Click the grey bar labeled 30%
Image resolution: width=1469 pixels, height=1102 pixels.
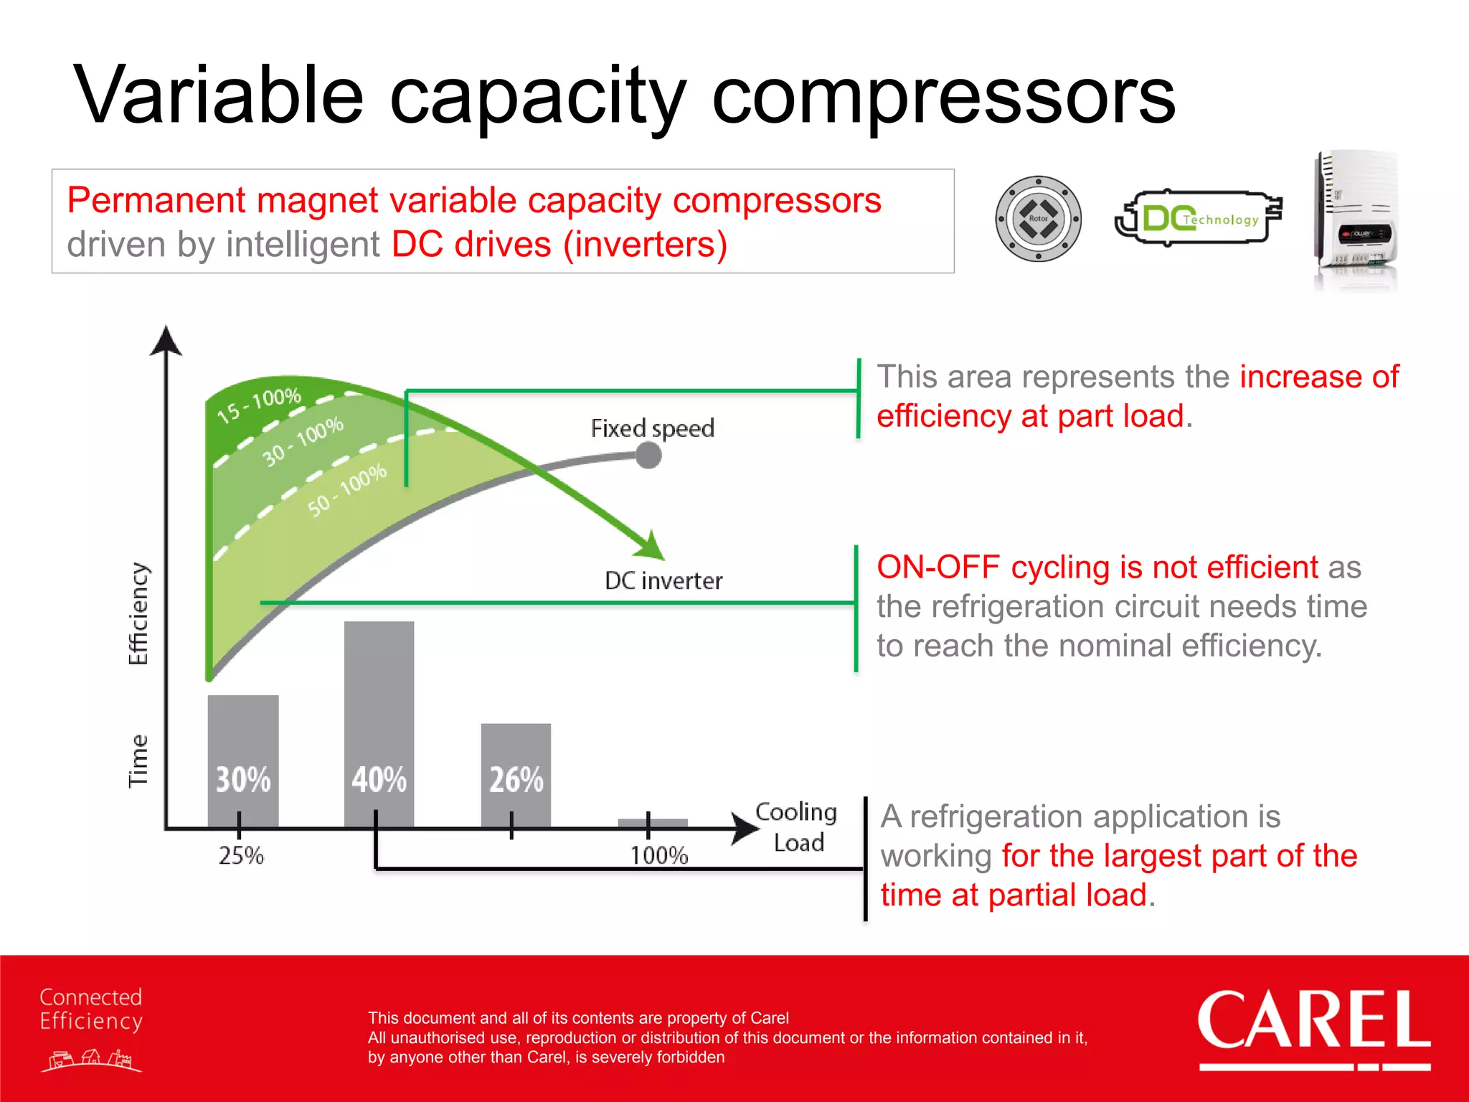point(243,760)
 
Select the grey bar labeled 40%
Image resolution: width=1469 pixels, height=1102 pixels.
point(379,725)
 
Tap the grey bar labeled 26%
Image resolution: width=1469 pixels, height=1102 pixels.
point(516,775)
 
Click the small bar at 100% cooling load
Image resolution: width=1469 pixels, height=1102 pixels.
point(653,823)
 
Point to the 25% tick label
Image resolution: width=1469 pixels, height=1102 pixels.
point(241,855)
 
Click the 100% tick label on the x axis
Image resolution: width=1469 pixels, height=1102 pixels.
point(658,855)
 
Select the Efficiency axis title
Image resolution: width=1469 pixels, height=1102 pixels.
point(138,613)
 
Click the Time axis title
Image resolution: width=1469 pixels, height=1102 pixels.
point(138,760)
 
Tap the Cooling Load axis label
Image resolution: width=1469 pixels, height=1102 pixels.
point(797,826)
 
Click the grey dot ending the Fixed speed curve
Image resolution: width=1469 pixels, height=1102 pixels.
point(648,455)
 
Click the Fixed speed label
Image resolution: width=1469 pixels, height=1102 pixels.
point(652,428)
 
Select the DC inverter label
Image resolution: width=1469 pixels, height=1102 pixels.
point(663,580)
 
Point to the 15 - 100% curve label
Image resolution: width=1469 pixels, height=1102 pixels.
point(259,405)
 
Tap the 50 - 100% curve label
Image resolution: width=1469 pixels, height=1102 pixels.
point(347,489)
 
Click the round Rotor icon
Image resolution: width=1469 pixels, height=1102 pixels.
point(1038,219)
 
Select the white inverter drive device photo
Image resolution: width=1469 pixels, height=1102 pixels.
point(1356,219)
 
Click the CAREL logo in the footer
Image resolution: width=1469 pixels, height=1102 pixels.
point(1313,1025)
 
